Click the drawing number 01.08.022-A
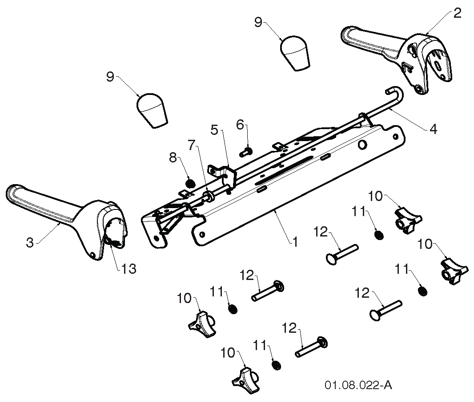tap(358, 385)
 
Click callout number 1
tap(295, 241)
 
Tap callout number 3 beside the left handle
tap(30, 242)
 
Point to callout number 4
tap(433, 130)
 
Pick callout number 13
tap(129, 268)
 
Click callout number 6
tap(240, 125)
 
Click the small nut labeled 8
tap(190, 182)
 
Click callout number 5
tap(214, 130)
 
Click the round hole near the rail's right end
tap(361, 146)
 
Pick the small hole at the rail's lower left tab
tap(202, 234)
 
